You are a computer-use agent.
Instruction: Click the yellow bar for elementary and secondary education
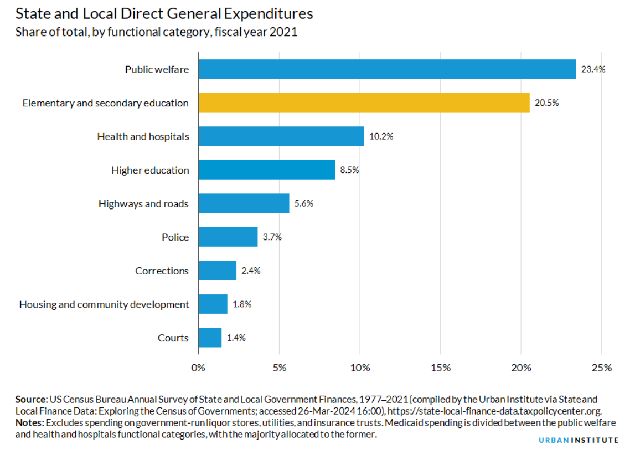(x=364, y=103)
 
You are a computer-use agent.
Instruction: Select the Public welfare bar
(x=387, y=69)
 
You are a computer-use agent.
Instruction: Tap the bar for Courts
(x=210, y=338)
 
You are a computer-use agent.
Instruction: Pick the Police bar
(x=228, y=237)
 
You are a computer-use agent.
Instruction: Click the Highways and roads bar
(x=244, y=203)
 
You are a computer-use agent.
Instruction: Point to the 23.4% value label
(x=593, y=70)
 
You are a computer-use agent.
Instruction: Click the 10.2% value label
(x=381, y=136)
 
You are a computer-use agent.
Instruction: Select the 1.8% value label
(x=242, y=304)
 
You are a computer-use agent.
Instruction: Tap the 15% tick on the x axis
(x=440, y=368)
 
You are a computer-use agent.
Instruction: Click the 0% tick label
(x=198, y=368)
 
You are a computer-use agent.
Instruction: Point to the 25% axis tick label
(x=602, y=368)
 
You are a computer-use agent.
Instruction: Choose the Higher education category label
(x=150, y=170)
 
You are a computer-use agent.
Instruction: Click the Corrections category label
(x=162, y=271)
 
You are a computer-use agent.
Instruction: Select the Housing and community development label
(x=104, y=304)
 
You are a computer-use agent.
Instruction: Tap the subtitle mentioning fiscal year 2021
(x=156, y=32)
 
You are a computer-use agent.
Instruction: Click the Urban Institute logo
(x=579, y=440)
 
